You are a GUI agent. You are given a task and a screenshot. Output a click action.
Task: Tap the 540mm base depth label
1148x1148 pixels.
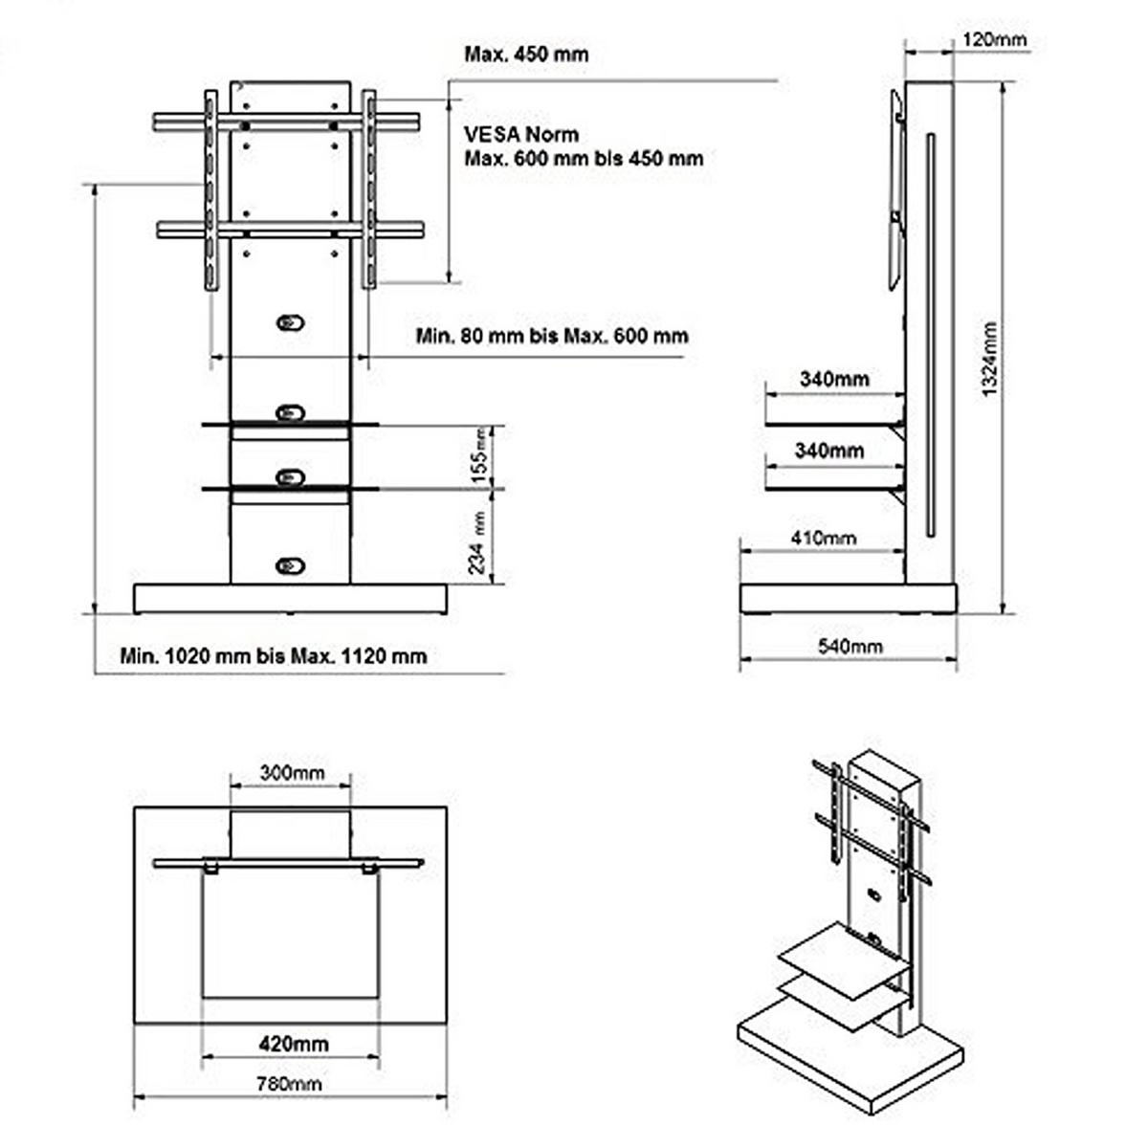[850, 647]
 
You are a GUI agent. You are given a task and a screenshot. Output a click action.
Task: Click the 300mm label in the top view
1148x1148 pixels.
[292, 772]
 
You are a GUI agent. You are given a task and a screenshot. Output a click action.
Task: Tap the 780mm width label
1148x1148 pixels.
[289, 1084]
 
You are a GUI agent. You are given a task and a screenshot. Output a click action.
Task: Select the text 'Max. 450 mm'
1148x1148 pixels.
[526, 54]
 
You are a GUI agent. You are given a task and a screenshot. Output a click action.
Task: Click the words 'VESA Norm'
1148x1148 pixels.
[521, 135]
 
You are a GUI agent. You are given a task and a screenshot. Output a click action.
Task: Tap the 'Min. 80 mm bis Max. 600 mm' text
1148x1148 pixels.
[552, 336]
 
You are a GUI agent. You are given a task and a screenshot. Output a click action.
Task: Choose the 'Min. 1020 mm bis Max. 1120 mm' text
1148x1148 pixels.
[274, 656]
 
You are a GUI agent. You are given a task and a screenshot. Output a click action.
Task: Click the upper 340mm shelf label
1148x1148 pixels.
[834, 379]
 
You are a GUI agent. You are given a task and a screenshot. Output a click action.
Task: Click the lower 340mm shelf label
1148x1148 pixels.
[828, 450]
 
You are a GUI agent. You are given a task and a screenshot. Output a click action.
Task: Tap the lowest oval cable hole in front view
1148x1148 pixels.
[290, 565]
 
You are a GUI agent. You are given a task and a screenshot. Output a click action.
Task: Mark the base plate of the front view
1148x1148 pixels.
[290, 599]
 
